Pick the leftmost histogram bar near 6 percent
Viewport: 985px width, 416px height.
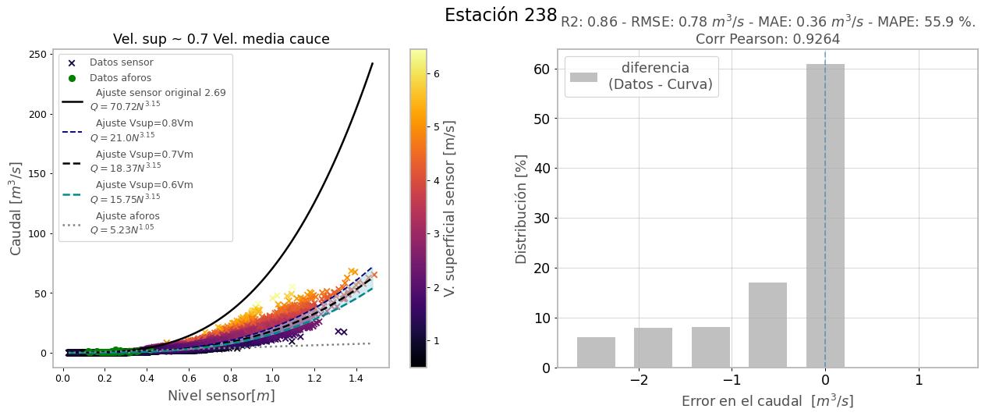coord(596,352)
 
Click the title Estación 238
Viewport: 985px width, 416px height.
coord(501,16)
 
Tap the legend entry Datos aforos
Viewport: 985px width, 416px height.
coord(120,78)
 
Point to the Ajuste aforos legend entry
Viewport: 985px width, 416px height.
coord(127,216)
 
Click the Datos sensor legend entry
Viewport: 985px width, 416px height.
coord(121,62)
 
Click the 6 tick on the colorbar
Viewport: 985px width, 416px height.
coord(437,73)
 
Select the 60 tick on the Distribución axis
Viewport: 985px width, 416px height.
coord(540,69)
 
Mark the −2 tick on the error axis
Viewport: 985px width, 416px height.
coord(638,380)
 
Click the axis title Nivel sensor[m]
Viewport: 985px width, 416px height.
coord(221,396)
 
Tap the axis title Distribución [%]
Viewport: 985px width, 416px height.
coord(522,208)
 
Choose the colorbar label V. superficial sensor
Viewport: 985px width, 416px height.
coord(449,208)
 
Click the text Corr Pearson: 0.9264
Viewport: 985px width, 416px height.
coord(767,38)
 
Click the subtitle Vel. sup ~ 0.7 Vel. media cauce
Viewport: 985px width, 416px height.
coord(221,39)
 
